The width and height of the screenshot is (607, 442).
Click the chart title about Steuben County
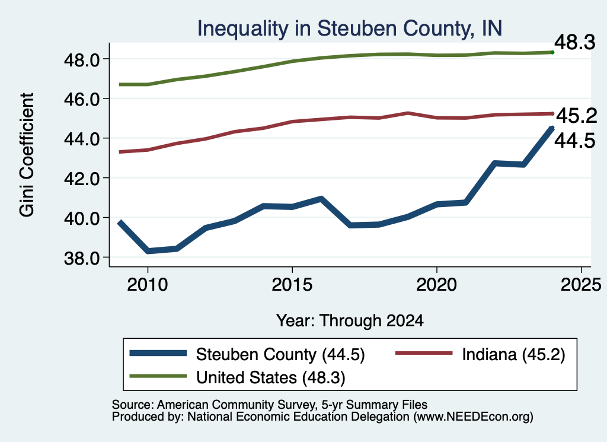[350, 28]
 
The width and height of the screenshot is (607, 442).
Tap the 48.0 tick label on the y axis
[82, 60]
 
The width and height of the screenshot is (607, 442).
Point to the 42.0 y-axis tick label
[82, 179]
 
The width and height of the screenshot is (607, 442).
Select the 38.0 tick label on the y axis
[82, 259]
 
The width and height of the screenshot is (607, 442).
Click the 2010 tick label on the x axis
[147, 285]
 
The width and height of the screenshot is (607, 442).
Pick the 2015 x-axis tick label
[292, 285]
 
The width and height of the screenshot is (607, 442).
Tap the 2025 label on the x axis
[581, 285]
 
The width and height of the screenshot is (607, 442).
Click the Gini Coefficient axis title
[27, 155]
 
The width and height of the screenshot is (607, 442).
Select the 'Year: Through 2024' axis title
[350, 321]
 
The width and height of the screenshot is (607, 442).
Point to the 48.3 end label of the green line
[575, 42]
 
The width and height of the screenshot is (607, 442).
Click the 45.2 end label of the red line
[577, 116]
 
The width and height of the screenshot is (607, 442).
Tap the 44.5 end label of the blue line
[575, 141]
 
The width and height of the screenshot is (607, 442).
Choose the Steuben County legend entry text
[280, 354]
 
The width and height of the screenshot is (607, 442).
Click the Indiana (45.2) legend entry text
[514, 354]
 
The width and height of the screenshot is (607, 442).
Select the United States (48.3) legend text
[270, 378]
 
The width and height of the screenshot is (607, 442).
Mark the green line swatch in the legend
[158, 376]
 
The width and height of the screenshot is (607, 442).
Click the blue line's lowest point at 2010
[148, 251]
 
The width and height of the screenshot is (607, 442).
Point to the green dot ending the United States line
[552, 52]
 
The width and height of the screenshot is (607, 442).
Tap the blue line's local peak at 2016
[321, 199]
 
